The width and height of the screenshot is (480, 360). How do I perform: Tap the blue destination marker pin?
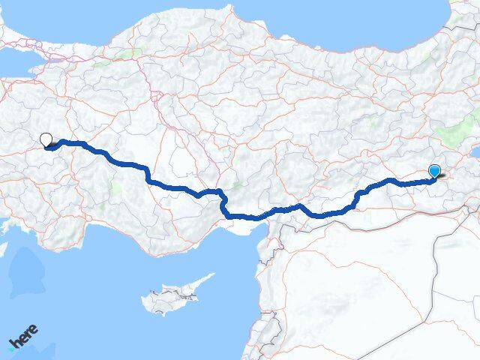point(434,172)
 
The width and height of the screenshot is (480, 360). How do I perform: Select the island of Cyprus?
point(169,299)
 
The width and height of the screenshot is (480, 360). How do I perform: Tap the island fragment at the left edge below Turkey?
point(3,247)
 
